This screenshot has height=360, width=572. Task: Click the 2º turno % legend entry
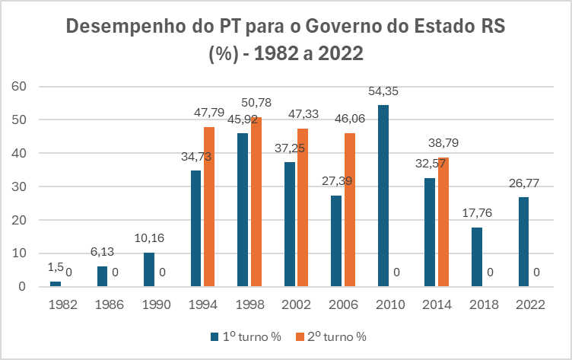tap(332, 335)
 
